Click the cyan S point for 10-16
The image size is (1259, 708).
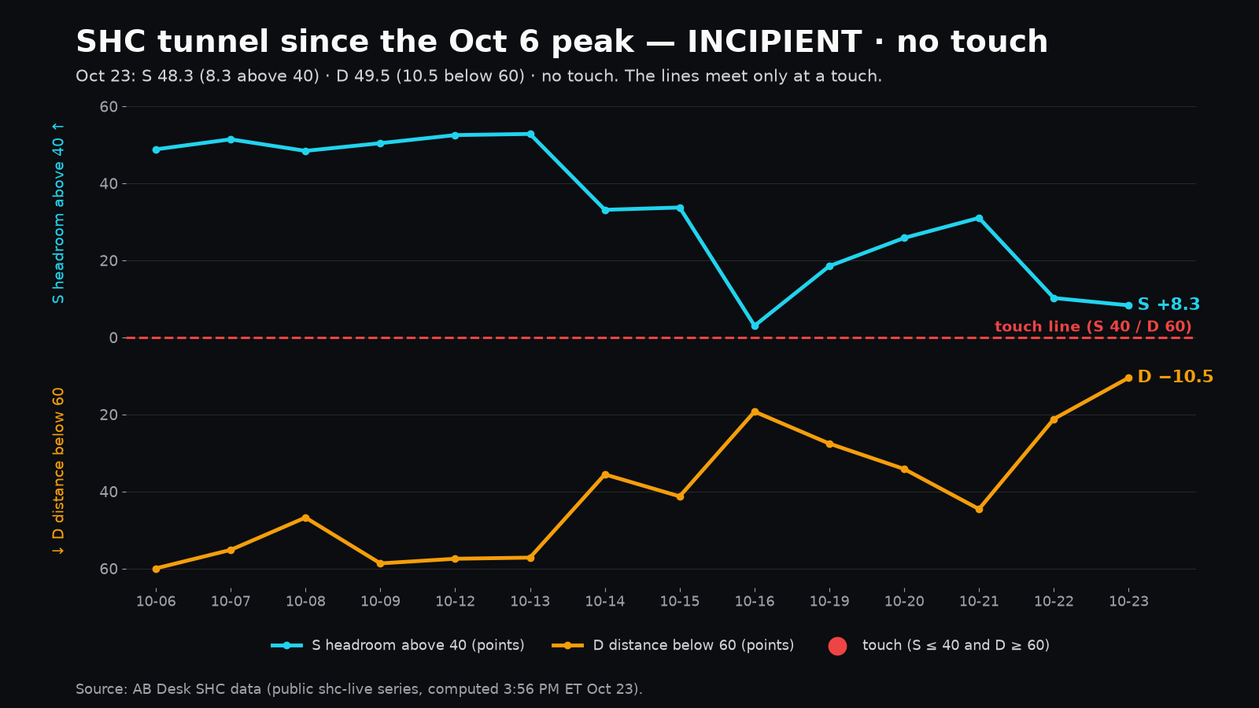755,326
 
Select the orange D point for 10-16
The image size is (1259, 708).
755,412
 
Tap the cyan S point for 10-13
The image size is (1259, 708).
530,135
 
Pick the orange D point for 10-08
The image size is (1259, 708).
306,518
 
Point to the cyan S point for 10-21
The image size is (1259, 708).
979,218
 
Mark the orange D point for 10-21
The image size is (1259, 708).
979,509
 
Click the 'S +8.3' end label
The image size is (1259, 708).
1169,304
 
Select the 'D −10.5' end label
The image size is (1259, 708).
1176,377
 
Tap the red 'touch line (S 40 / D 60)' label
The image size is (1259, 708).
1093,326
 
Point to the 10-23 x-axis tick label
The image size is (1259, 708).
1128,601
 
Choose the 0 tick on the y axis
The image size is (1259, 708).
113,337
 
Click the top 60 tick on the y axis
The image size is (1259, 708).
109,107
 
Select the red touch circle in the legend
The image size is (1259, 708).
837,646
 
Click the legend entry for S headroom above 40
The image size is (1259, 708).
397,646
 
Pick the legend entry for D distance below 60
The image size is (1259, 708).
673,646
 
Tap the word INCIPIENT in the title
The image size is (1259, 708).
774,42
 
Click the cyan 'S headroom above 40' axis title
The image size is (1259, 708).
58,213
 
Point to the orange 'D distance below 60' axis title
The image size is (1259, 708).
58,471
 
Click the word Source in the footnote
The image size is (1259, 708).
102,689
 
